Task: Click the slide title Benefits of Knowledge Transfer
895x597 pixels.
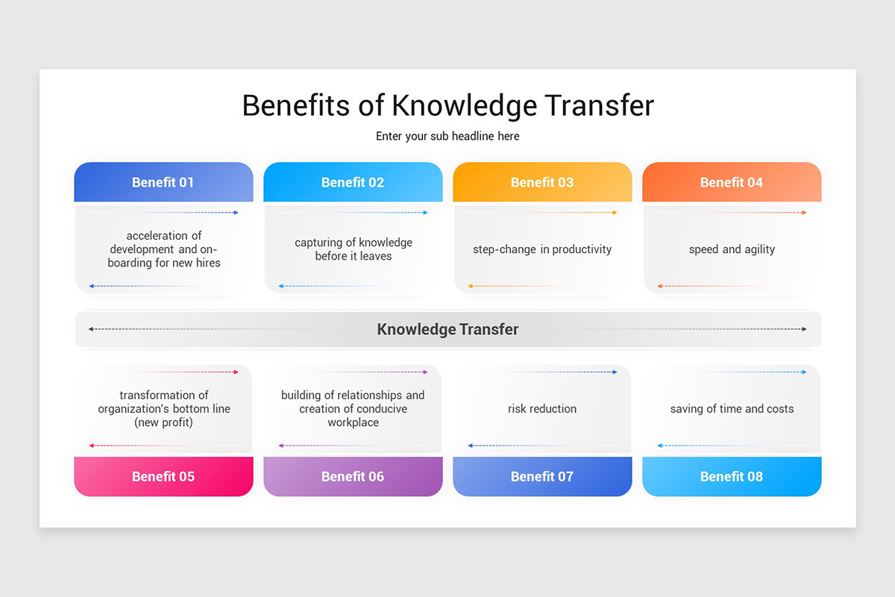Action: pyautogui.click(x=447, y=105)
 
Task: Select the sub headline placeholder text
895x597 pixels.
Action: pyautogui.click(x=447, y=137)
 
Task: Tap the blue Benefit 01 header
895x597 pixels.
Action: pyautogui.click(x=163, y=182)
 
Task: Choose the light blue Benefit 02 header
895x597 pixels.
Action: pyautogui.click(x=353, y=182)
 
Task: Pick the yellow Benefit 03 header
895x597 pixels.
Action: pyautogui.click(x=542, y=182)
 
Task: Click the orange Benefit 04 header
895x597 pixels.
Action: pyautogui.click(x=732, y=182)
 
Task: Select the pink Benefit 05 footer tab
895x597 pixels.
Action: pyautogui.click(x=163, y=476)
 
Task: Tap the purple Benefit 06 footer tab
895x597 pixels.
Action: pyautogui.click(x=353, y=476)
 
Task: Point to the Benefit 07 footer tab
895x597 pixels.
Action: pyautogui.click(x=542, y=476)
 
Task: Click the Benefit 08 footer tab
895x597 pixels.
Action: pyautogui.click(x=732, y=476)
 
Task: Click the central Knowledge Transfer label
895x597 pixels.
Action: pyautogui.click(x=447, y=329)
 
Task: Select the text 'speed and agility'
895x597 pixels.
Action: pyautogui.click(x=732, y=249)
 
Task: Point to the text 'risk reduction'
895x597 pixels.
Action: pyautogui.click(x=542, y=409)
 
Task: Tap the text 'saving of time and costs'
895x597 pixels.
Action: pyautogui.click(x=732, y=409)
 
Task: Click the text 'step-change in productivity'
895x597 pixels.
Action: pyautogui.click(x=542, y=249)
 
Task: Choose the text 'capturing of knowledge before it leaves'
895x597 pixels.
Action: pyautogui.click(x=353, y=249)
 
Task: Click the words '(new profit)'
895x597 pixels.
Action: pyautogui.click(x=163, y=422)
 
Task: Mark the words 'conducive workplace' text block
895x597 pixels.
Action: pyautogui.click(x=353, y=416)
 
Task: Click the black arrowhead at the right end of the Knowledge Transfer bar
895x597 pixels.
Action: pyautogui.click(x=804, y=329)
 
